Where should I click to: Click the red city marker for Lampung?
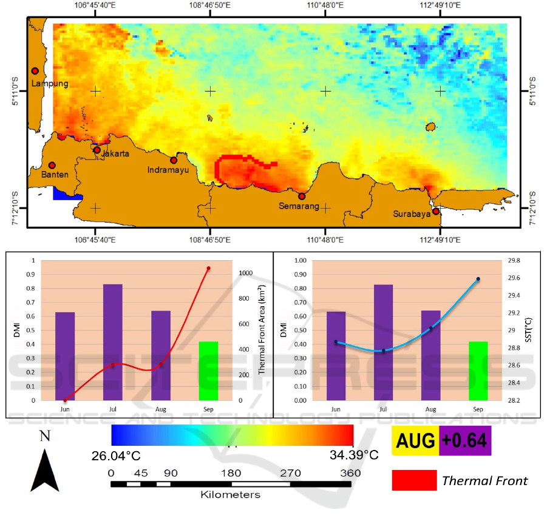pyautogui.click(x=35, y=71)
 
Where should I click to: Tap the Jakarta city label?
pyautogui.click(x=115, y=153)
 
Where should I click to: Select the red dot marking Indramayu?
pyautogui.click(x=174, y=160)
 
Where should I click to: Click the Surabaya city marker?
pyautogui.click(x=436, y=212)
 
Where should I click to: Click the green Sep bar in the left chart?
pyautogui.click(x=208, y=371)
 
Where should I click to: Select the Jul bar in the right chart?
pyautogui.click(x=383, y=342)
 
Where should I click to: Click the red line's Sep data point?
pyautogui.click(x=208, y=268)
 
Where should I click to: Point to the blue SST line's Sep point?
pyautogui.click(x=478, y=279)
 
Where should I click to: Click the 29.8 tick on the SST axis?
pyautogui.click(x=514, y=261)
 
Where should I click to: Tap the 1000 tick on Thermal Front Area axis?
pyautogui.click(x=245, y=273)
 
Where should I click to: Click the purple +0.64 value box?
pyautogui.click(x=464, y=441)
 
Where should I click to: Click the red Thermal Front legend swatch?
pyautogui.click(x=414, y=480)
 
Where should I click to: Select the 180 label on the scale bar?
pyautogui.click(x=231, y=473)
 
